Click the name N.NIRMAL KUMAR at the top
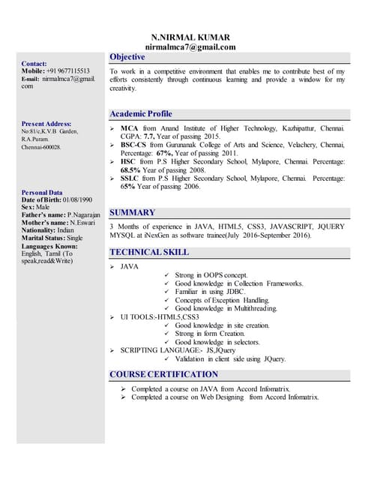click(190, 37)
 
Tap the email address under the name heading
click(190, 46)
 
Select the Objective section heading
click(127, 57)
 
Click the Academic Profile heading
click(140, 113)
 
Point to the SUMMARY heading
click(132, 212)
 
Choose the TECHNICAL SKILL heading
click(149, 252)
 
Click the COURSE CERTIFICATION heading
click(163, 374)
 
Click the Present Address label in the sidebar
click(46, 124)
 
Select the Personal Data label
click(43, 193)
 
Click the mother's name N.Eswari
click(85, 222)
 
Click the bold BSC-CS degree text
click(136, 145)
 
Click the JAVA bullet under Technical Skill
click(130, 266)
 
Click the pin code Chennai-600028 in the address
click(41, 148)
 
